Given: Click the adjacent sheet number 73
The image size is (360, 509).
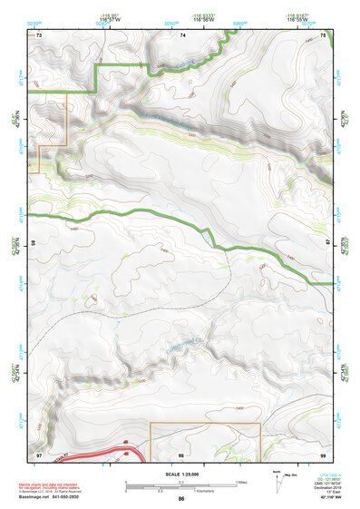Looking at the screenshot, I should [39, 34].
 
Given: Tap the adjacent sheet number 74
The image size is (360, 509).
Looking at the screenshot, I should [182, 34].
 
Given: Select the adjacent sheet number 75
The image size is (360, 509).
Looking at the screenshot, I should [324, 34].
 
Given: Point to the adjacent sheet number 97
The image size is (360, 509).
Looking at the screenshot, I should [39, 452].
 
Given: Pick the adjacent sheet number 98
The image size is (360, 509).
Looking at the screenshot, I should [182, 452].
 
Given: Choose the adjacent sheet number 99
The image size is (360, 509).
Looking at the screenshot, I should [324, 452].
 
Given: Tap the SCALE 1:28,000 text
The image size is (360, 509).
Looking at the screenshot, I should [181, 474].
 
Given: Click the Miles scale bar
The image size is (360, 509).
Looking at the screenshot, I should [181, 483].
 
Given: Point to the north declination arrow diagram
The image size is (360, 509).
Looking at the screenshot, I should [277, 481].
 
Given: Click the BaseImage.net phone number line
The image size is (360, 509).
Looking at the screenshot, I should [51, 498].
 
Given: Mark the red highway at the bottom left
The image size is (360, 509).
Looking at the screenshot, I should [100, 454].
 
